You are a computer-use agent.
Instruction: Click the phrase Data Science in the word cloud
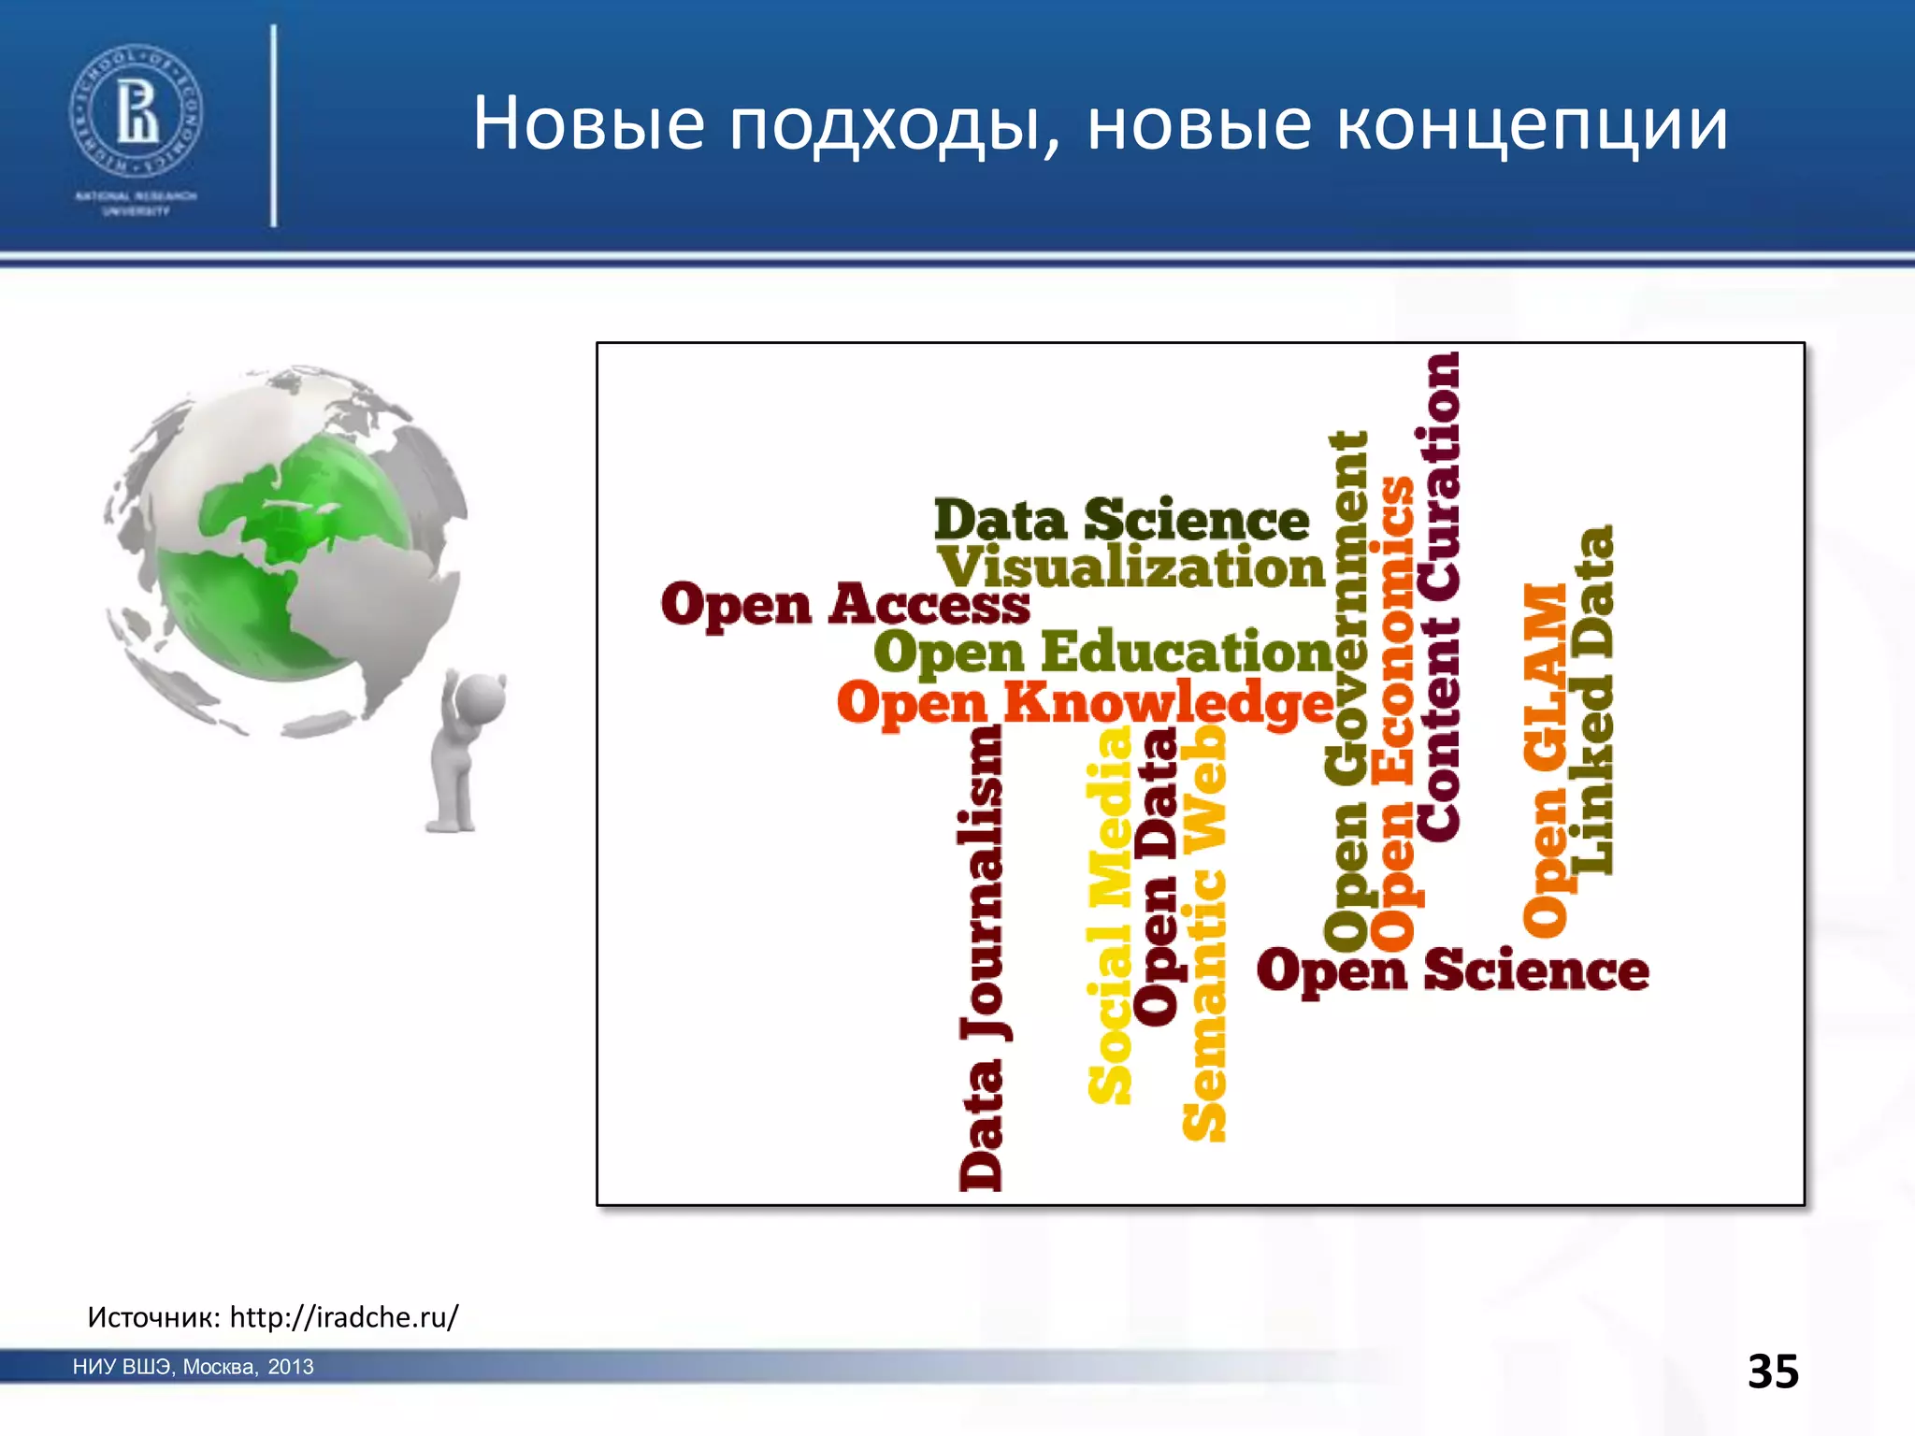[x=1121, y=520]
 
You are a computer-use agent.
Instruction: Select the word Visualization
[x=1131, y=567]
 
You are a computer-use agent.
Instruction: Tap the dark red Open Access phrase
[x=844, y=604]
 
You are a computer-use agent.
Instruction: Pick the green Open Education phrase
[x=1103, y=652]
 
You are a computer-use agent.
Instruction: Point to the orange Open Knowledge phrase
[x=1085, y=703]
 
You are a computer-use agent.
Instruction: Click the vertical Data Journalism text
[x=982, y=958]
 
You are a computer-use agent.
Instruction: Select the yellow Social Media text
[x=1110, y=916]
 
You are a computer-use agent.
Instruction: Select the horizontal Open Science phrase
[x=1452, y=971]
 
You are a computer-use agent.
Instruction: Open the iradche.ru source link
[x=344, y=1317]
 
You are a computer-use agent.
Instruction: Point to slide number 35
[x=1773, y=1371]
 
